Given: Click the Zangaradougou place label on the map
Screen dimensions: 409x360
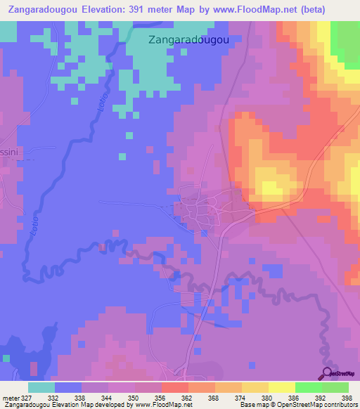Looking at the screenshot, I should (189, 40).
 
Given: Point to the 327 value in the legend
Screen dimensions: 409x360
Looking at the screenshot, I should (27, 398).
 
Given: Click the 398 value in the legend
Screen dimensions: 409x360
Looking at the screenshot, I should (346, 398).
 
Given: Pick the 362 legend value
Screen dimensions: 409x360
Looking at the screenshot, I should (187, 398).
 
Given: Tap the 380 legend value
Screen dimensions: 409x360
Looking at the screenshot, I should (266, 398).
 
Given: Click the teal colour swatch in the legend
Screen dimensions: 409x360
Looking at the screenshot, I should (41, 387).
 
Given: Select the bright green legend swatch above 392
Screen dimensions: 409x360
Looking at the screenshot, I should (308, 387).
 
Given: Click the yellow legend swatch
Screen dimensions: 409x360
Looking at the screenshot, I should (281, 387).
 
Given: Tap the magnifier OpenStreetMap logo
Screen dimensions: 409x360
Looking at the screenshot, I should (327, 373).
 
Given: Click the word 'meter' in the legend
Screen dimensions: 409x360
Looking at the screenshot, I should (10, 398).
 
